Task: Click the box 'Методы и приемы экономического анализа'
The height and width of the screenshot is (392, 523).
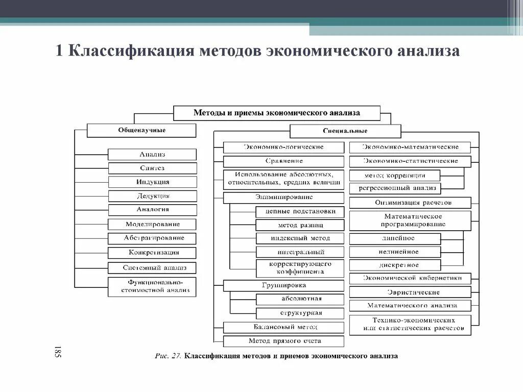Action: pyautogui.click(x=277, y=113)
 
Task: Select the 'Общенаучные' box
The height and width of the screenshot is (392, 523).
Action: pyautogui.click(x=141, y=130)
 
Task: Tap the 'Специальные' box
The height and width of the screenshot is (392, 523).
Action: pyautogui.click(x=345, y=131)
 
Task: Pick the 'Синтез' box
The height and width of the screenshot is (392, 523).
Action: pyautogui.click(x=152, y=168)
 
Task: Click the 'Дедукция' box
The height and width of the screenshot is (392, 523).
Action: pyautogui.click(x=152, y=196)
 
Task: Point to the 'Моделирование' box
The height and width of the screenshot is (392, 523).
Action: pyautogui.click(x=152, y=224)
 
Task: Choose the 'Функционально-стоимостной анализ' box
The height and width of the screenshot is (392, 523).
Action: pyautogui.click(x=152, y=286)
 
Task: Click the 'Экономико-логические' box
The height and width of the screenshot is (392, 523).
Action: pyautogui.click(x=283, y=147)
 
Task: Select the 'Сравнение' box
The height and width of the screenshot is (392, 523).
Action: pyautogui.click(x=283, y=161)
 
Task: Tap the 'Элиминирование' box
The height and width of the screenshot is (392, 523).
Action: pyautogui.click(x=283, y=197)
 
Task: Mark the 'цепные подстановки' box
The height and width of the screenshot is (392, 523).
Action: pyautogui.click(x=300, y=211)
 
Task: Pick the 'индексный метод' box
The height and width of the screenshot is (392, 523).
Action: pyautogui.click(x=300, y=238)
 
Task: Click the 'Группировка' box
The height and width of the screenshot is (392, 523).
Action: pyautogui.click(x=283, y=285)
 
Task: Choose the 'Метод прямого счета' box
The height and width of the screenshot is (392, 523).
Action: pyautogui.click(x=283, y=340)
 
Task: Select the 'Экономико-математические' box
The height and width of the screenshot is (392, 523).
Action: pyautogui.click(x=410, y=147)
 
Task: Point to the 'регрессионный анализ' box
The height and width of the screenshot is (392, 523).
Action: pyautogui.click(x=394, y=188)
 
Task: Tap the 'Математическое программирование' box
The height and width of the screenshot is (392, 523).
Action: pyautogui.click(x=410, y=220)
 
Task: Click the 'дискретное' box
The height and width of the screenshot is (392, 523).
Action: pyautogui.click(x=394, y=265)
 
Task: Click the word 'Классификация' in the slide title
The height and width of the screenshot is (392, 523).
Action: pyautogui.click(x=130, y=52)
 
